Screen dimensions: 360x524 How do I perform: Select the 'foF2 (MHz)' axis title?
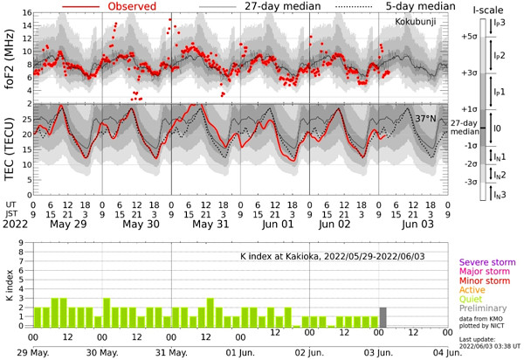pyautogui.click(x=10, y=55)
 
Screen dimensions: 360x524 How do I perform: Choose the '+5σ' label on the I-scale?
pyautogui.click(x=469, y=37)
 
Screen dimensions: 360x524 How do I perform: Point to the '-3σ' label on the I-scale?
pyautogui.click(x=470, y=182)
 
